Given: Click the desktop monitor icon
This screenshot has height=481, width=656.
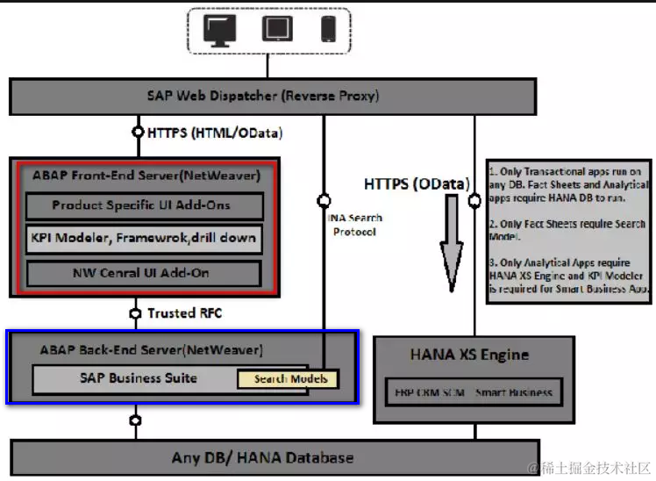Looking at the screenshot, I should pos(219,30).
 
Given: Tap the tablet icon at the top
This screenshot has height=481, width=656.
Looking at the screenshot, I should pos(276,30).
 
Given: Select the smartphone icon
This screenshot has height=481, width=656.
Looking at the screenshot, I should pos(329,30).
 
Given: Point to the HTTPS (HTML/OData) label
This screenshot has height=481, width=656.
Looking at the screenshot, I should pos(216,133).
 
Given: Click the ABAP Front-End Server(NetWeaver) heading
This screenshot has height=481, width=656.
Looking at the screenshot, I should pos(146,176).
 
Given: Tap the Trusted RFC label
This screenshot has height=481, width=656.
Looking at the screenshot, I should pos(182,312).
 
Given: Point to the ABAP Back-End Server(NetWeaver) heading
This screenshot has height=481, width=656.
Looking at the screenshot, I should pos(151,349).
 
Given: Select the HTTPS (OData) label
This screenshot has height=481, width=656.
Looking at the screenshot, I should pos(417,184).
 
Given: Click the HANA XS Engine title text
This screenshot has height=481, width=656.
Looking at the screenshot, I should pos(469,355).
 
